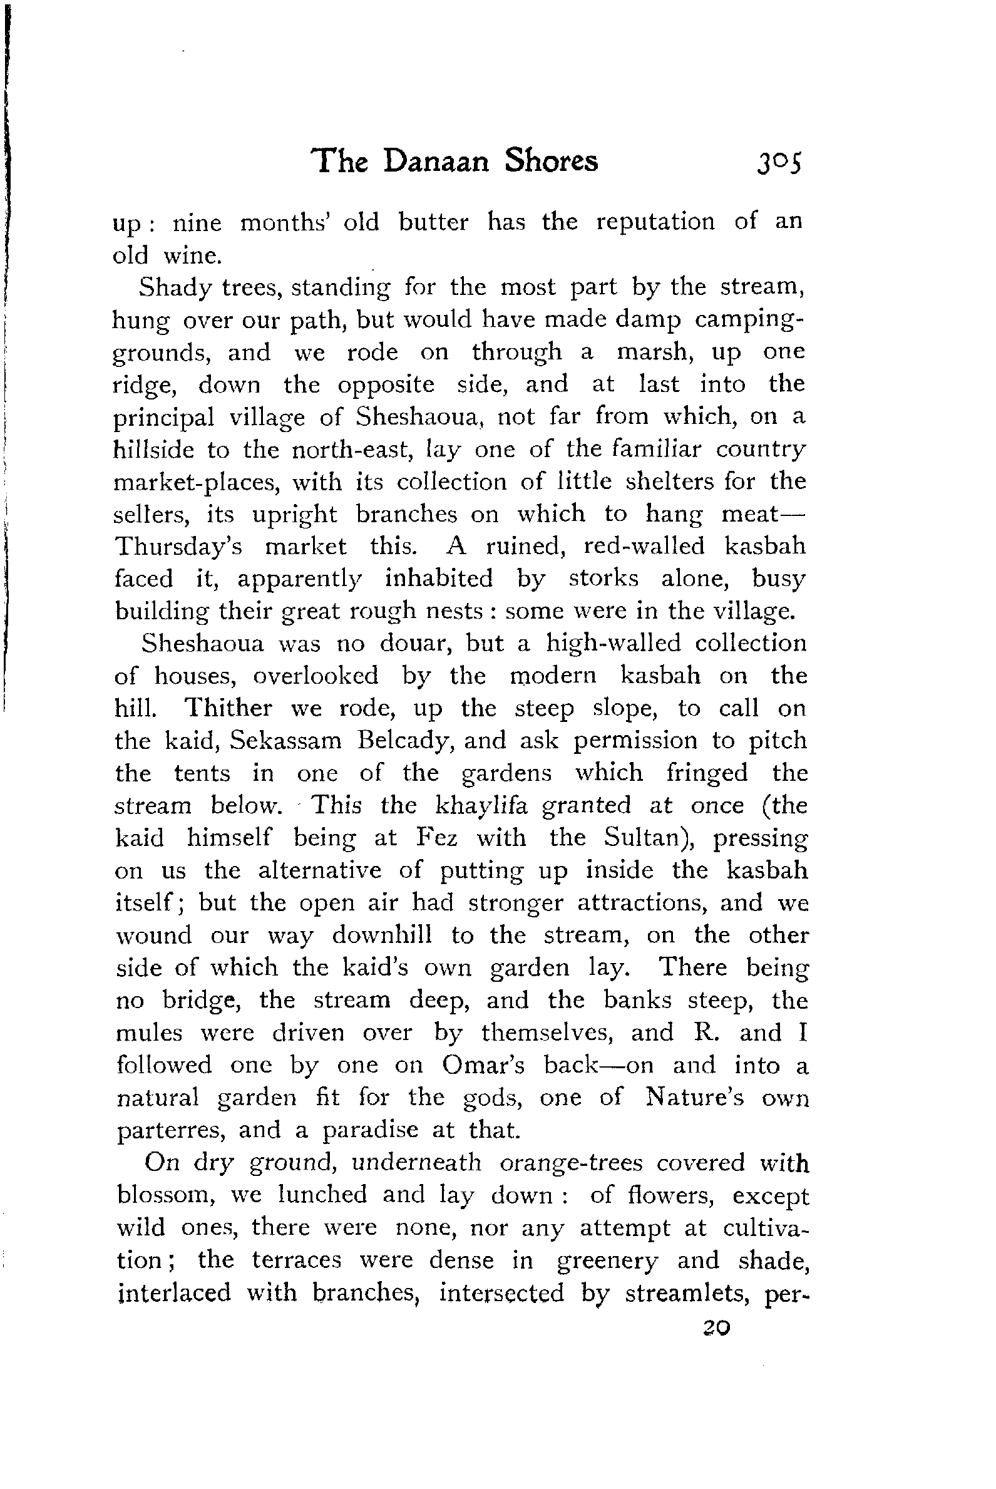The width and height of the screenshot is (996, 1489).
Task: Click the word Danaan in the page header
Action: click(x=436, y=162)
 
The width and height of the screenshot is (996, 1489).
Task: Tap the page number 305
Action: click(x=779, y=163)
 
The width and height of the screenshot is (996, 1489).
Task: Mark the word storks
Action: click(x=603, y=579)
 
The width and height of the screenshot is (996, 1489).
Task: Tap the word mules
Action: click(x=148, y=1033)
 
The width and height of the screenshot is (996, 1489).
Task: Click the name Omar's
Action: click(x=483, y=1065)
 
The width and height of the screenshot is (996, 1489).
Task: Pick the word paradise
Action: click(x=370, y=1130)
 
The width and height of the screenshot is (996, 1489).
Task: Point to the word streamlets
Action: click(x=688, y=1293)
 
